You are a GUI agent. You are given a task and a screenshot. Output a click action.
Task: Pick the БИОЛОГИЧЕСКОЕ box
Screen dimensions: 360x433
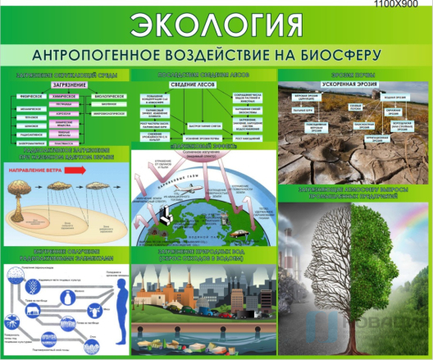[x=109, y=96]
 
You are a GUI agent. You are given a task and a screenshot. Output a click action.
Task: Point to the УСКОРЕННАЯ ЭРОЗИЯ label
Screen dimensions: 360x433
[x=350, y=85]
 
